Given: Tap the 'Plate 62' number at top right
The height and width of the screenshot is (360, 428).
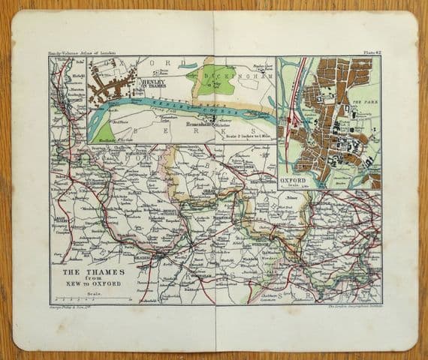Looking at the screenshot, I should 369,52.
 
